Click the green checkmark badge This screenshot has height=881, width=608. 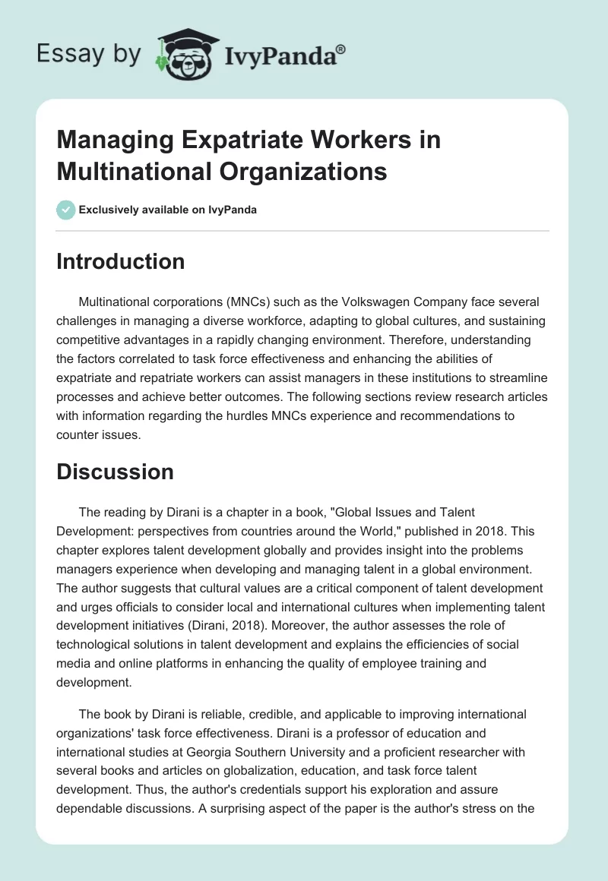click(x=66, y=210)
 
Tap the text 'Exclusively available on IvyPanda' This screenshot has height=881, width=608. click(x=168, y=210)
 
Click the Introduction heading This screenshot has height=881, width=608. click(x=120, y=261)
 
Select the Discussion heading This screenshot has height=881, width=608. click(x=115, y=472)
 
